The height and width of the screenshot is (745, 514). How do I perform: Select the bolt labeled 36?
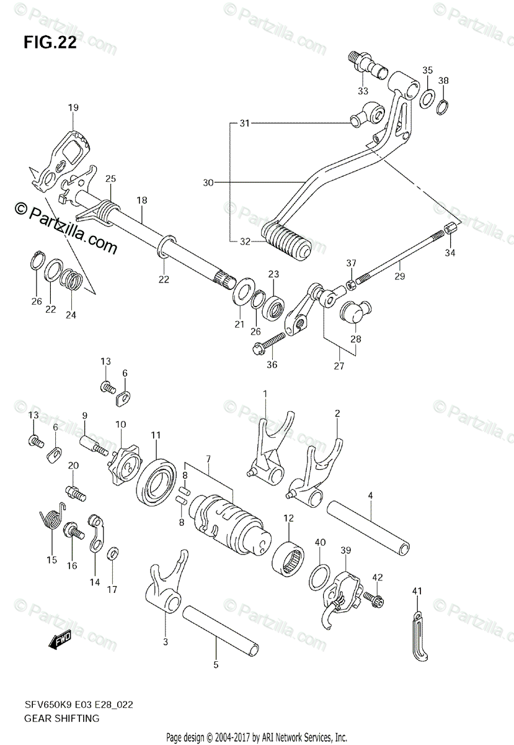(268, 343)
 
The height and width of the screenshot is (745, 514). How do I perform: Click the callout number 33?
(363, 91)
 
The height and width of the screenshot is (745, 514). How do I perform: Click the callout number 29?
(400, 276)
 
